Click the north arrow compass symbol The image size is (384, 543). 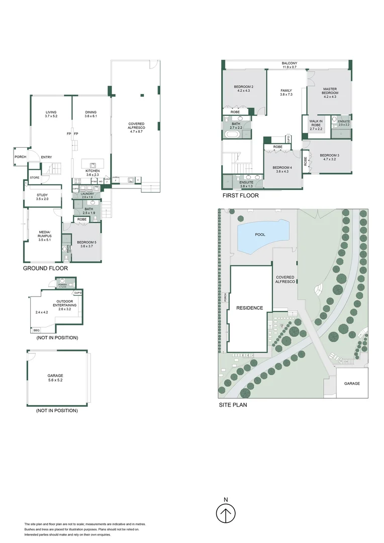click(x=226, y=513)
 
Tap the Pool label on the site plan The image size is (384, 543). click(x=260, y=235)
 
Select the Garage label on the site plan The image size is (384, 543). click(x=352, y=383)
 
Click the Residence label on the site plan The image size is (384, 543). click(x=250, y=308)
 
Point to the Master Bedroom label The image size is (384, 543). click(x=330, y=92)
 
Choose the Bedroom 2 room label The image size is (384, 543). click(x=244, y=86)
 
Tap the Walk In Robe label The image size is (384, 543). click(x=316, y=124)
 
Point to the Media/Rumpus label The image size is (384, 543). click(x=45, y=234)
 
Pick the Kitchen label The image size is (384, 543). click(x=92, y=171)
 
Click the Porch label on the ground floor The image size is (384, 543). click(x=20, y=157)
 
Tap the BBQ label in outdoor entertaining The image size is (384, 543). click(x=36, y=330)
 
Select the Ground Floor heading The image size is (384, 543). click(x=45, y=269)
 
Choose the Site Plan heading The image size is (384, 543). click(x=233, y=404)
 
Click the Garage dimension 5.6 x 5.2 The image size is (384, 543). click(x=56, y=380)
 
